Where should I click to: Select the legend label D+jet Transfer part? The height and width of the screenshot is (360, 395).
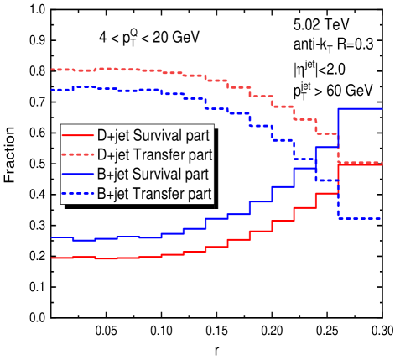click(153, 154)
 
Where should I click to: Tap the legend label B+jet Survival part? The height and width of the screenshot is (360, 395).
click(152, 175)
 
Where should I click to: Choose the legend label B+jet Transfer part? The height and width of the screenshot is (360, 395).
click(153, 194)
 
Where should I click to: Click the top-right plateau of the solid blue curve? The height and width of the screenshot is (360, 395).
click(360, 108)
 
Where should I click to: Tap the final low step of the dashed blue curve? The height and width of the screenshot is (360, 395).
click(360, 218)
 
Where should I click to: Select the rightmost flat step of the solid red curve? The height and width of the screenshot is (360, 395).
click(360, 164)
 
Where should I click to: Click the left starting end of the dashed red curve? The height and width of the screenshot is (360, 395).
click(53, 69)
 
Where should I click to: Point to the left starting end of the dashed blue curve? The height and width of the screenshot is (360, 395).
click(53, 89)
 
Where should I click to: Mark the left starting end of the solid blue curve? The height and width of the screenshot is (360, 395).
click(53, 237)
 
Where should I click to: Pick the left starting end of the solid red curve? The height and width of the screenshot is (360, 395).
click(53, 258)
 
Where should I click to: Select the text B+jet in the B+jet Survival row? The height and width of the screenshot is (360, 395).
click(112, 175)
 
